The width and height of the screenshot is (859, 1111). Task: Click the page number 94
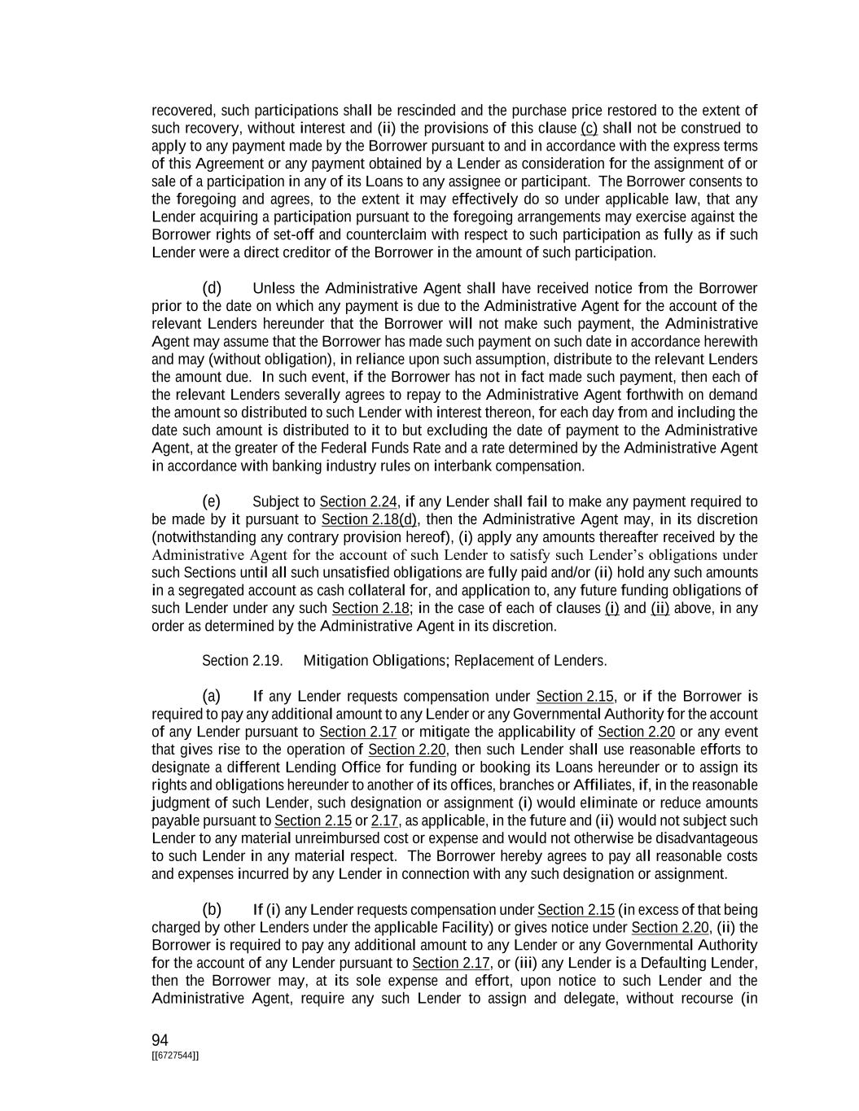coord(160,1039)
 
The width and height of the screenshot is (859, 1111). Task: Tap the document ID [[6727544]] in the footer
coord(175,1056)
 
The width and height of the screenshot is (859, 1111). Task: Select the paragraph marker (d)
coord(212,288)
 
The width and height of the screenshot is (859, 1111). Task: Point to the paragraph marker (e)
coord(211,501)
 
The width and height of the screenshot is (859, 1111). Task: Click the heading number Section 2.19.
coord(243,660)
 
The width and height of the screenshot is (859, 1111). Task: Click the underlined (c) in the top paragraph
coord(589,128)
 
